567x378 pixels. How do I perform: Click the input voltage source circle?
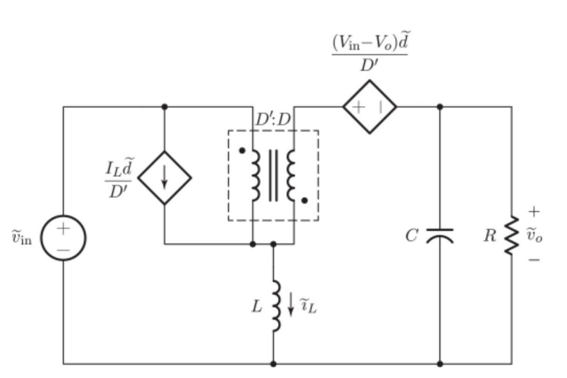[x=63, y=238]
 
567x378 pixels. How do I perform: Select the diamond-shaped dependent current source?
[x=164, y=178]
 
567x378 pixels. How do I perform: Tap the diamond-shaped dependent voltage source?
[x=369, y=107]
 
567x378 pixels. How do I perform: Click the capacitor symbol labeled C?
[x=439, y=236]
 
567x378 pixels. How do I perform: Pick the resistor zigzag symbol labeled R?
[x=512, y=235]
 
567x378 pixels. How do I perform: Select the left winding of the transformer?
[x=255, y=175]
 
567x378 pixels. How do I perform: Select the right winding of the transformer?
[x=291, y=175]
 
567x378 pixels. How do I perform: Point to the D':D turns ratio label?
[x=273, y=120]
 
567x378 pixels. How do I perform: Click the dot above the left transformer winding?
[x=241, y=150]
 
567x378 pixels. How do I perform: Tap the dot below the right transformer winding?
[x=304, y=201]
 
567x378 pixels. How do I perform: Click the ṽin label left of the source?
[x=21, y=238]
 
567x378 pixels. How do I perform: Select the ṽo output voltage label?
[x=534, y=234]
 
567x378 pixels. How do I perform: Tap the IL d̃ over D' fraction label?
[x=119, y=178]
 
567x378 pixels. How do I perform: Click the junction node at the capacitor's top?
[x=439, y=107]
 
